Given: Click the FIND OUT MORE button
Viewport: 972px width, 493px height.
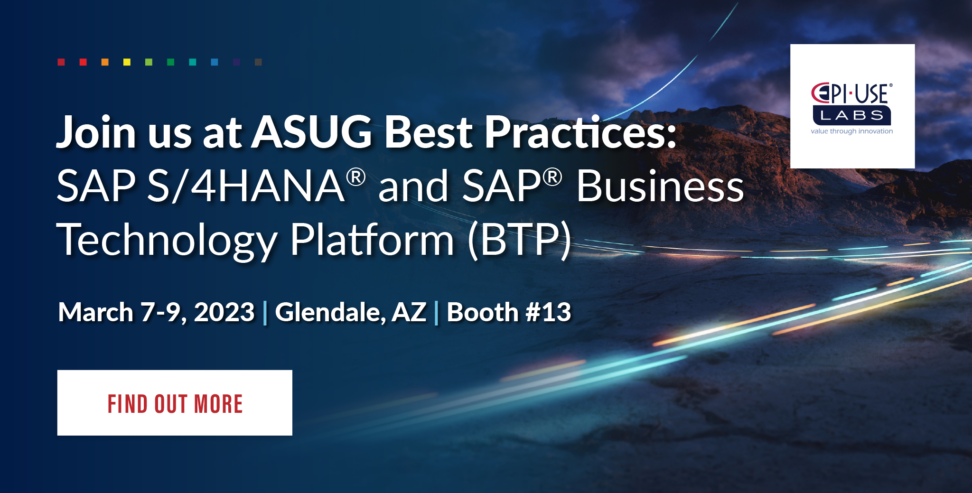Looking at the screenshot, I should point(175,403).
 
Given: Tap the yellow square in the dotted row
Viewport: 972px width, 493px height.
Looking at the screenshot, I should point(127,62).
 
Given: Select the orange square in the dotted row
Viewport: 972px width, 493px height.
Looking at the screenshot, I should point(105,62).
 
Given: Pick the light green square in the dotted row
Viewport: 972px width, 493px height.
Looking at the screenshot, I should point(149,62).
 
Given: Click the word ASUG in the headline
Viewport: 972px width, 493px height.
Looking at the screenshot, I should point(312,132).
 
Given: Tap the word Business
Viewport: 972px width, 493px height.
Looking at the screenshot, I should point(660,186).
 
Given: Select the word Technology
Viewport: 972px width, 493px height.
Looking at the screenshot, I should point(166,240).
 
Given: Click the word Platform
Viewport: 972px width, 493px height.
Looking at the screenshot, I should point(372,240).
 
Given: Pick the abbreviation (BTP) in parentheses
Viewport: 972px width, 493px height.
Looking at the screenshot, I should point(519,240).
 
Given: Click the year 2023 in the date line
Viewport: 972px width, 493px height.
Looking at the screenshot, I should point(224,312).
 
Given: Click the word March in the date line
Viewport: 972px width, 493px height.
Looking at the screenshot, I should point(95,312).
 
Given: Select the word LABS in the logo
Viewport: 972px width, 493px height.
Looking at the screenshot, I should point(851,115).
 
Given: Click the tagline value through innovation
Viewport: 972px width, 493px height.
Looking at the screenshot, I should point(851,131).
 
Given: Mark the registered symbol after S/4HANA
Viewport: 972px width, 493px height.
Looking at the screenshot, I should point(356,177).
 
